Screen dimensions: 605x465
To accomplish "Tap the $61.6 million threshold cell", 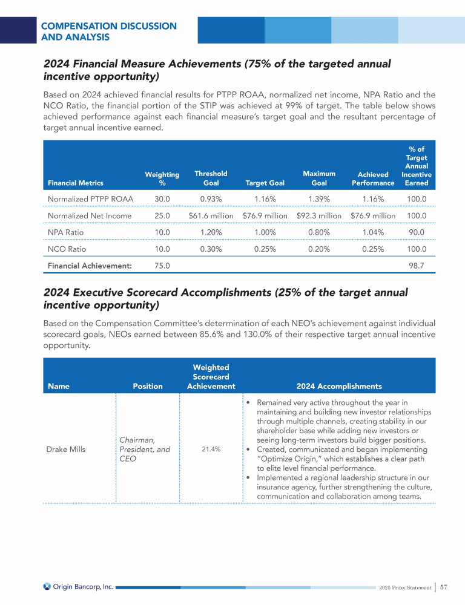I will coord(211,215).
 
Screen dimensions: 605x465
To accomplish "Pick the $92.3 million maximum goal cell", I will coord(319,215).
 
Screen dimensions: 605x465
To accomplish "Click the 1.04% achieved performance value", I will coord(373,232).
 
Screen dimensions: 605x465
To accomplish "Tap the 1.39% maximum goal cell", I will coord(319,198).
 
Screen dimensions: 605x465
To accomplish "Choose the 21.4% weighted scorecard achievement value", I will coord(211,450).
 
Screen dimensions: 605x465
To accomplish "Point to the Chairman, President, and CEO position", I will coord(145,450).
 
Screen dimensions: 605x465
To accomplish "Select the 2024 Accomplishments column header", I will coord(339,386).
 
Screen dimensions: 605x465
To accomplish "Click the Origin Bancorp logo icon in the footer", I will coord(47,586).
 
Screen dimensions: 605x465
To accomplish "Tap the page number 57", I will coord(444,587).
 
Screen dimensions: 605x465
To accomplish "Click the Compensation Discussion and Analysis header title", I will coord(109,31).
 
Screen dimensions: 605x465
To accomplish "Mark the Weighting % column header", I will coord(157,178).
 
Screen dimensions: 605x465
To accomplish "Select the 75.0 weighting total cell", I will coord(162,265).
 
